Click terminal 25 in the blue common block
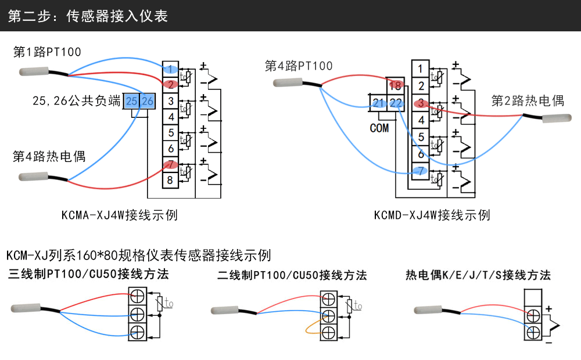(x=132, y=101)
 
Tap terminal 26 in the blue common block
(x=148, y=101)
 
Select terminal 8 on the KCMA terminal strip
(x=170, y=180)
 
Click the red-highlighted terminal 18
(x=396, y=86)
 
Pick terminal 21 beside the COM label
(x=379, y=103)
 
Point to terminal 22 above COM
(x=396, y=103)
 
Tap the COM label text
(x=379, y=128)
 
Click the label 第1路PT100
(x=47, y=52)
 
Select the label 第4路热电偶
(x=49, y=156)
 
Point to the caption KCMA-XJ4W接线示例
(x=120, y=215)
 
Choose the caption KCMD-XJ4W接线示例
(x=432, y=215)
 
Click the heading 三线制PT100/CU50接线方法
(x=88, y=274)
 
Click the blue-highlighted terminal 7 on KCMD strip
(x=420, y=171)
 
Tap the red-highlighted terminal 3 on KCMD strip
(x=420, y=103)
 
